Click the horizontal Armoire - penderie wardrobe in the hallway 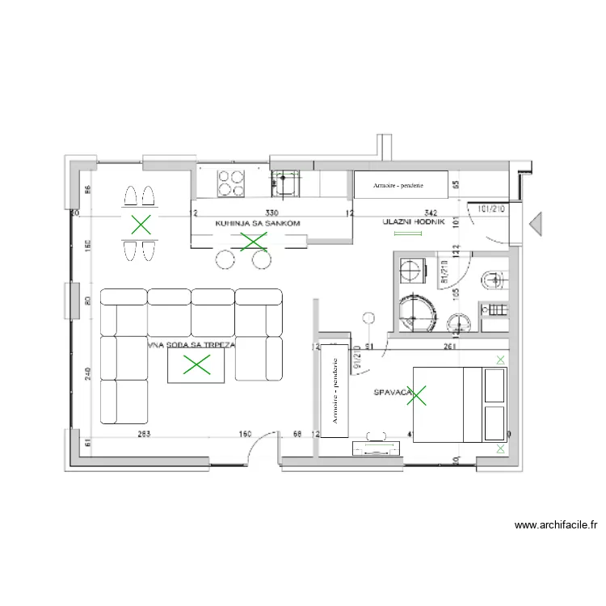[x=400, y=185]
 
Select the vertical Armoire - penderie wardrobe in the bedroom [x=334, y=391]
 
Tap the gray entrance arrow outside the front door [x=535, y=224]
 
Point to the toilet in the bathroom [x=493, y=280]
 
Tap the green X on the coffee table [x=195, y=365]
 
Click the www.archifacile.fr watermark [x=556, y=525]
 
